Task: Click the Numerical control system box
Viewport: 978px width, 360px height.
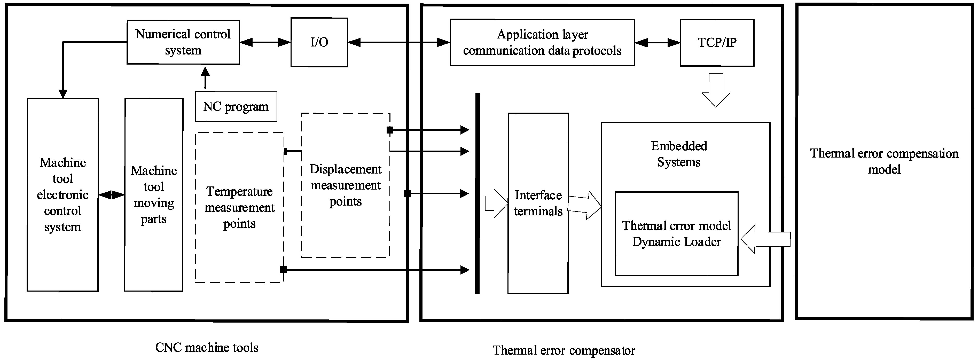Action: tap(183, 42)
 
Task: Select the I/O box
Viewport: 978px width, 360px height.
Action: tap(319, 42)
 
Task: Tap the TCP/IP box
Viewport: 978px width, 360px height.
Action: tap(717, 43)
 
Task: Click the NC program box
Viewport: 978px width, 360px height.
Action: tap(236, 107)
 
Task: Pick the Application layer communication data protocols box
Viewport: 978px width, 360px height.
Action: tap(542, 43)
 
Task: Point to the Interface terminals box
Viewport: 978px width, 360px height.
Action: tap(538, 203)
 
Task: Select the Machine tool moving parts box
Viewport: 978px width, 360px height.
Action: tap(154, 195)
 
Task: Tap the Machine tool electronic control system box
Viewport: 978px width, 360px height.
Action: tap(63, 195)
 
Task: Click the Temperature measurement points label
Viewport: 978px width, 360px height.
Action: tap(239, 207)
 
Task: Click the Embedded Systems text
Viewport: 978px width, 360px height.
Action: tap(679, 154)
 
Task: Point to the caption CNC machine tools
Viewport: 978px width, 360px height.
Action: tap(207, 347)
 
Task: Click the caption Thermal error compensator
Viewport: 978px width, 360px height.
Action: tap(564, 350)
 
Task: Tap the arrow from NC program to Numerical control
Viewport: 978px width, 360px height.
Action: tap(205, 78)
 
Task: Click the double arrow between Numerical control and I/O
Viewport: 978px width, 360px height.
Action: tap(265, 42)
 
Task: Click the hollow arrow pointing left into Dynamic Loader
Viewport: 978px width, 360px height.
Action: tap(765, 239)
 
